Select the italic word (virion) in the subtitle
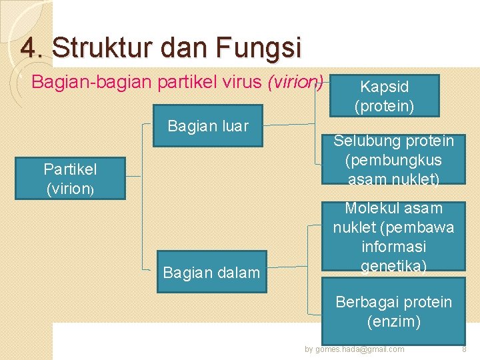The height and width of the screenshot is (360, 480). (x=295, y=83)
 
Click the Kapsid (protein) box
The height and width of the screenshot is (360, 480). (x=384, y=95)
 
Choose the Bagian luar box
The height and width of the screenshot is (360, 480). (x=208, y=125)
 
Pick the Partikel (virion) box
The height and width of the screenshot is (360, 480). (x=70, y=179)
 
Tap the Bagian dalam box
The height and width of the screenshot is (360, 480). (x=211, y=271)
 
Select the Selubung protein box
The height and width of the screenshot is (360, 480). (x=393, y=160)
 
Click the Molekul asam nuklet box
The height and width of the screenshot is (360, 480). (x=393, y=237)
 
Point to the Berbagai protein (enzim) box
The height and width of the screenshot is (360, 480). (x=393, y=312)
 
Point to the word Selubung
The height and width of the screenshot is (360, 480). (x=367, y=141)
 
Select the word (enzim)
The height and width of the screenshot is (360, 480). (x=393, y=322)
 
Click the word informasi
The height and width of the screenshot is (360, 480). (x=393, y=247)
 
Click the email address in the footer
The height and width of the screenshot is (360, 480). (x=354, y=349)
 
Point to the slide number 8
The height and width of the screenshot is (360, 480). (x=465, y=349)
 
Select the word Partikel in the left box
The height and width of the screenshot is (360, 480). (x=70, y=169)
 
